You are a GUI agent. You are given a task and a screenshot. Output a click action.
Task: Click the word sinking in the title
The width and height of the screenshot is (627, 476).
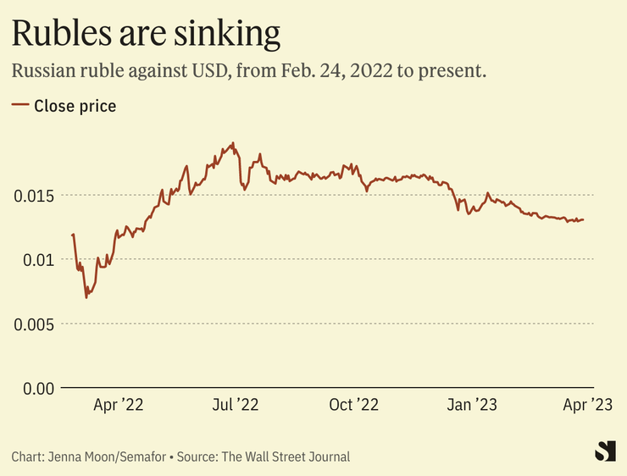tap(231, 34)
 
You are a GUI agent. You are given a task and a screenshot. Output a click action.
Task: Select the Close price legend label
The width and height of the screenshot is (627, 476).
tap(75, 106)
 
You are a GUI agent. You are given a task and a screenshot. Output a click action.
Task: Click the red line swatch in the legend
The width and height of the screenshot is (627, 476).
tap(19, 106)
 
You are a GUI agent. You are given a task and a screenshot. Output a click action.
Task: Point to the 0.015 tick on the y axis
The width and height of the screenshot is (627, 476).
tap(33, 196)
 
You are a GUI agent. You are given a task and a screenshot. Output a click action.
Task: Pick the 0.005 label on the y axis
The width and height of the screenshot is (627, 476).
tap(33, 324)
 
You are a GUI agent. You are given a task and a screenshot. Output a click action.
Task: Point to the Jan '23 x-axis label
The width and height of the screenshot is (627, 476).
tap(473, 406)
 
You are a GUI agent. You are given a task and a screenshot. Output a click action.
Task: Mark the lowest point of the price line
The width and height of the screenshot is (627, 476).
tap(86, 297)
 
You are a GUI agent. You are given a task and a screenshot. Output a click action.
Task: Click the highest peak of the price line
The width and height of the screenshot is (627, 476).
tap(233, 143)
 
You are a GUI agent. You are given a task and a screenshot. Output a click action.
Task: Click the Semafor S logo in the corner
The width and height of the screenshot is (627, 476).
tap(604, 451)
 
